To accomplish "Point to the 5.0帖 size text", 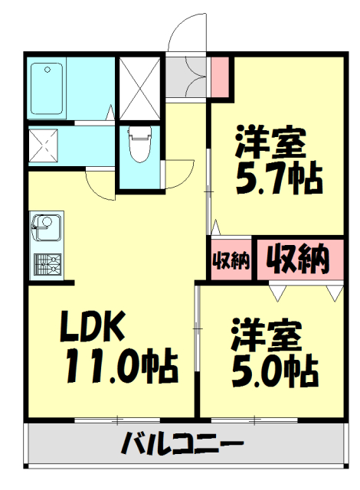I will click(275, 371).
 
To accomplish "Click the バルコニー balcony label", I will click(182, 443).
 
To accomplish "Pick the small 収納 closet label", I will click(231, 260).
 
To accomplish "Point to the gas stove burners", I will click(47, 265).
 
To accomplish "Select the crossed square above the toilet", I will click(139, 83).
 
